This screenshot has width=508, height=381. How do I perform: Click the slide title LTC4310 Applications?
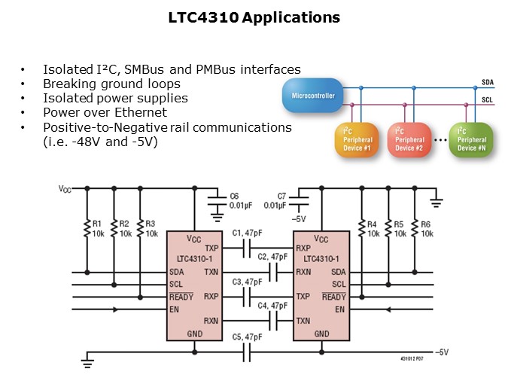tap(254, 17)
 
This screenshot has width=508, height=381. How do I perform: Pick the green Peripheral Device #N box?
tap(470, 139)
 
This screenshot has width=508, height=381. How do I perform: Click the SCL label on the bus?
tap(488, 99)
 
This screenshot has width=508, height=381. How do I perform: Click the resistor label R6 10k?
tap(427, 229)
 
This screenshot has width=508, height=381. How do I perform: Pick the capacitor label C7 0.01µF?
tap(275, 200)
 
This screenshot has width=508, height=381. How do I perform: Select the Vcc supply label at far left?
tap(66, 189)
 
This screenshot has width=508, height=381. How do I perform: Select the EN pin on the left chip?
tap(174, 309)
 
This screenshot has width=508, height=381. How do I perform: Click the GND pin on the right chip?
tap(321, 334)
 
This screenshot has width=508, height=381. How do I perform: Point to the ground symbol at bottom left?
tap(87, 364)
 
